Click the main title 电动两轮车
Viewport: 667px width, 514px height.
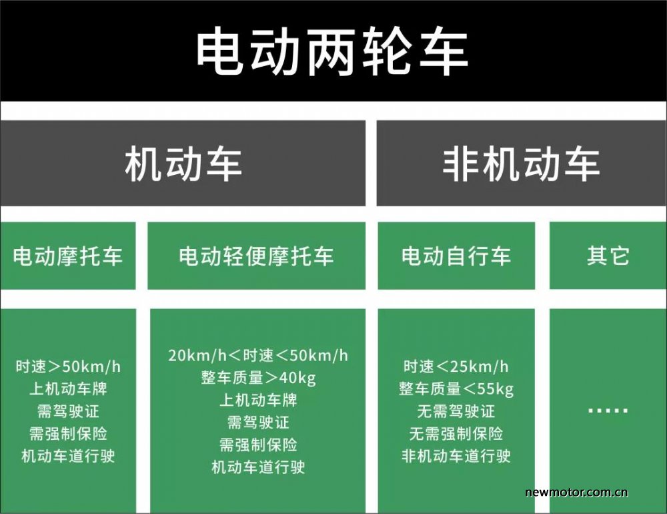point(331,51)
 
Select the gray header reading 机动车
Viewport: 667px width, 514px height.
point(183,164)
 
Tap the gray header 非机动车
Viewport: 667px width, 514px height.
point(521,164)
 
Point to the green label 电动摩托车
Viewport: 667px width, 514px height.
point(67,256)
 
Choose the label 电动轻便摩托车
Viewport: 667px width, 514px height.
point(256,256)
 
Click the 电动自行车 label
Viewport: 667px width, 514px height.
point(456,256)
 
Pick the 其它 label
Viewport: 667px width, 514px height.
point(608,256)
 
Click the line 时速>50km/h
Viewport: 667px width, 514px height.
point(68,366)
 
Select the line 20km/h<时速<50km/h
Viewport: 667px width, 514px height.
point(257,356)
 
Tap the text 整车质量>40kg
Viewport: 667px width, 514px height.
point(258,378)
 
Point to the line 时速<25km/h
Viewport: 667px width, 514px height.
point(456,366)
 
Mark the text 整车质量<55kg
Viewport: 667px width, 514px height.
point(456,389)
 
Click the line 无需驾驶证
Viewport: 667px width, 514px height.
point(456,411)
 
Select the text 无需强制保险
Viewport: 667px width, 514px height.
point(456,434)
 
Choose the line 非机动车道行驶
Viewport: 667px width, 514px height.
point(456,456)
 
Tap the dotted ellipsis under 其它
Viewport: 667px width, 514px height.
point(608,411)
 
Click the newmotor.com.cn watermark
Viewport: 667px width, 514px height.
point(576,492)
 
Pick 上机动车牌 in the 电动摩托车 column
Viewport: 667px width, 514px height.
point(68,389)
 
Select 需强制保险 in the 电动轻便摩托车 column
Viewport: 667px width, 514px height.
point(258,445)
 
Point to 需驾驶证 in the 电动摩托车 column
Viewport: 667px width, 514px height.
point(68,411)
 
